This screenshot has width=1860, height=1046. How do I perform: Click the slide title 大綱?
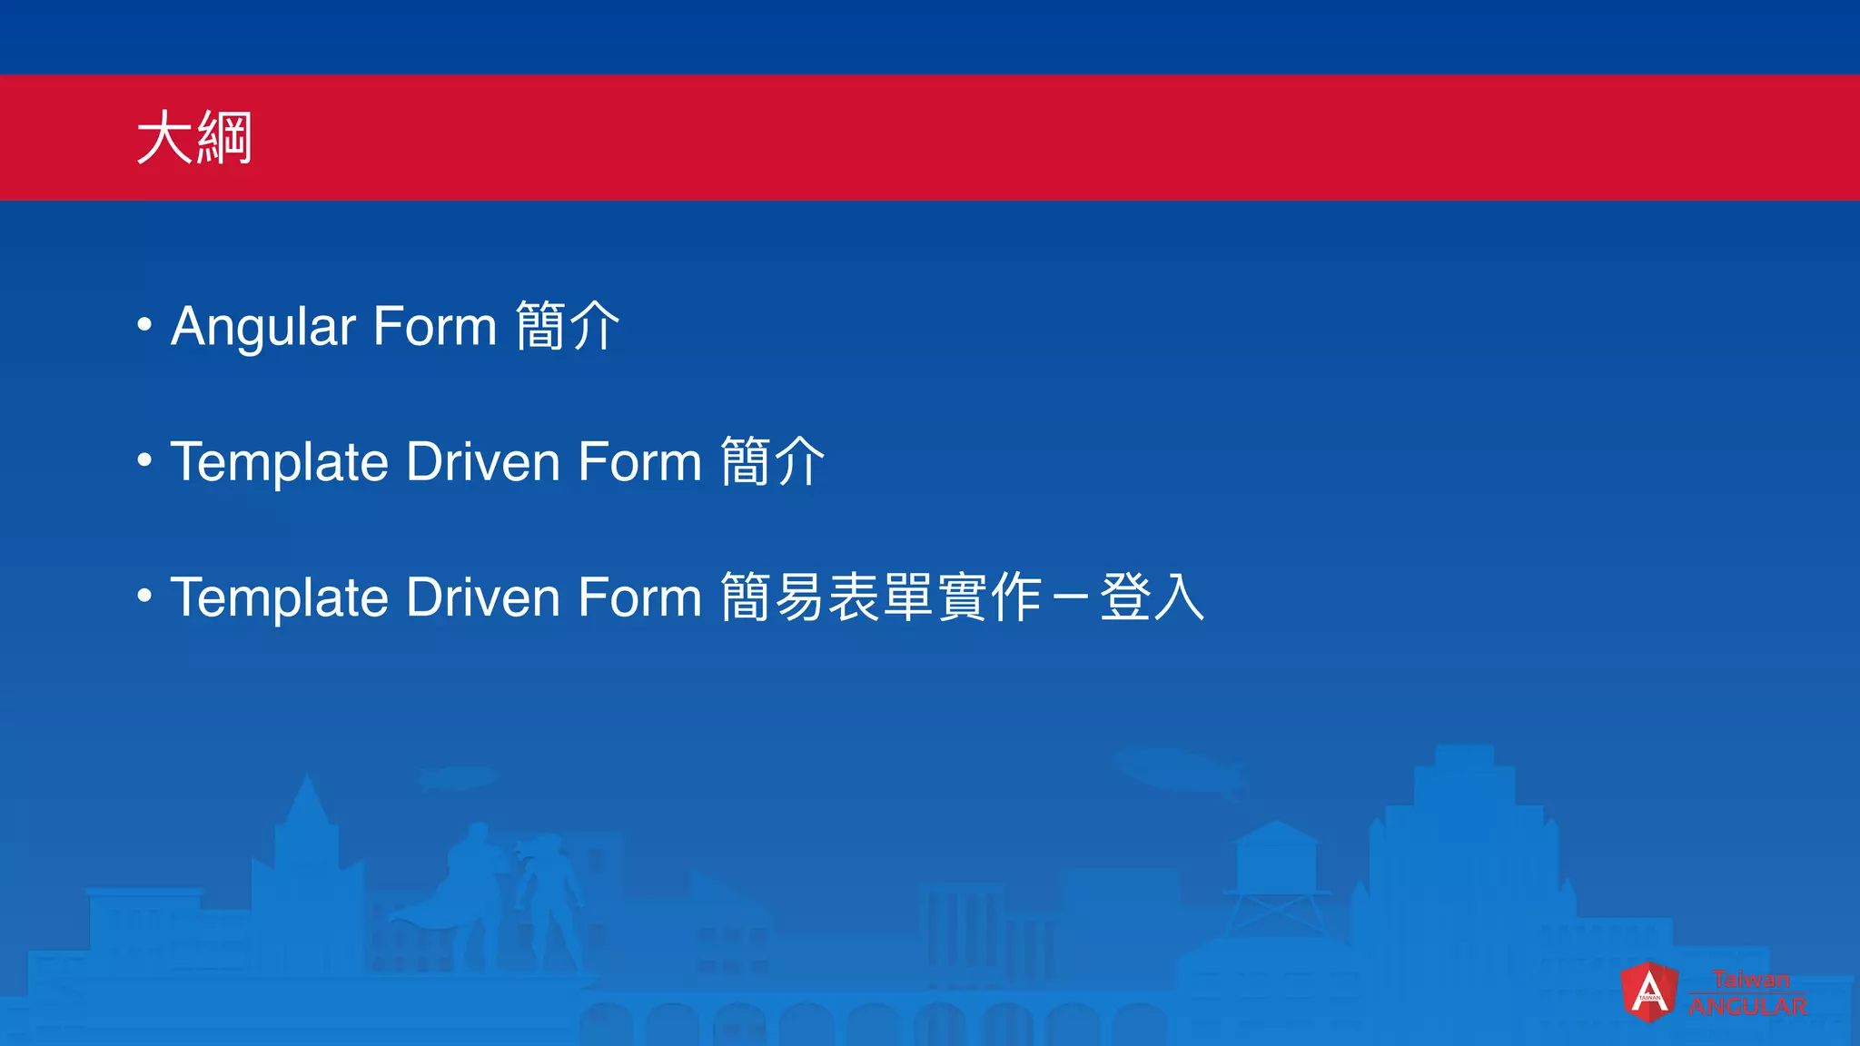click(x=193, y=138)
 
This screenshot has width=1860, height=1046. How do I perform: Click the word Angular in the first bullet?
click(x=262, y=327)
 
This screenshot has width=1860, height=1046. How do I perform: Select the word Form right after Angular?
click(x=434, y=327)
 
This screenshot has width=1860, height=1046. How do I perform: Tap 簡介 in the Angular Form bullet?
click(x=568, y=327)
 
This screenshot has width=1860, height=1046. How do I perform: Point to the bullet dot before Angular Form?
click(x=144, y=324)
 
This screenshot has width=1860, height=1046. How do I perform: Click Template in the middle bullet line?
click(x=280, y=462)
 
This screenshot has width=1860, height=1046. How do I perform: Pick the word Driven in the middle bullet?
click(x=483, y=462)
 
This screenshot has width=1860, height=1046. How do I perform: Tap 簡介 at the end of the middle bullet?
click(x=773, y=462)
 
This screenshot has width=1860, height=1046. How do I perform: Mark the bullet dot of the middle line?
click(x=144, y=460)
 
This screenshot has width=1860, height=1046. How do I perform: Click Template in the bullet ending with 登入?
click(x=280, y=597)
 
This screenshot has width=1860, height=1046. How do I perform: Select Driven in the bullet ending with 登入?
click(x=483, y=597)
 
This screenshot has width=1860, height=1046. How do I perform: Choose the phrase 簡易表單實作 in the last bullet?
click(x=881, y=597)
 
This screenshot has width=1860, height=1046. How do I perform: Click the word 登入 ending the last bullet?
click(x=1152, y=597)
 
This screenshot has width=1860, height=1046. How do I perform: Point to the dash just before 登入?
click(x=1070, y=598)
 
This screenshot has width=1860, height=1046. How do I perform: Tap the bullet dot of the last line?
click(x=144, y=596)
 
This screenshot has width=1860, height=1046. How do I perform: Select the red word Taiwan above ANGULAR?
click(x=1751, y=980)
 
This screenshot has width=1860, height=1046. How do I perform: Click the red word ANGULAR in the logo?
click(x=1747, y=1006)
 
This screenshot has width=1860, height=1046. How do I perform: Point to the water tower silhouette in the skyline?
click(x=1276, y=872)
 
